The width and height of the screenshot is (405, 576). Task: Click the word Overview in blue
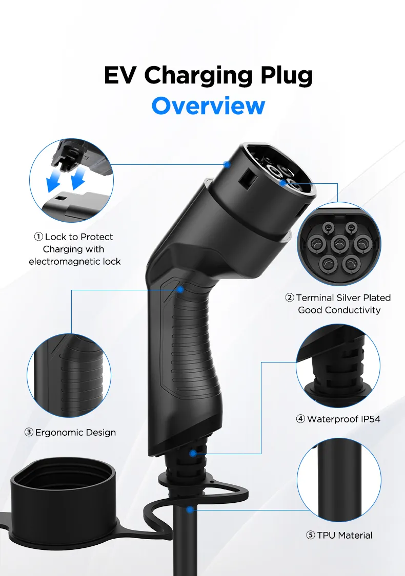pyautogui.click(x=208, y=105)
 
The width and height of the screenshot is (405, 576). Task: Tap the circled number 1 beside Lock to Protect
pyautogui.click(x=38, y=237)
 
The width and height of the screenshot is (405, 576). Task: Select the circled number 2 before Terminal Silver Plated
pyautogui.click(x=290, y=298)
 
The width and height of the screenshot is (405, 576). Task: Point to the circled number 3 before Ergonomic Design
pyautogui.click(x=29, y=433)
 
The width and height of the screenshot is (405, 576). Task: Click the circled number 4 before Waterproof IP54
pyautogui.click(x=301, y=419)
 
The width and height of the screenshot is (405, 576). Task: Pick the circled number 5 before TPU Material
pyautogui.click(x=311, y=536)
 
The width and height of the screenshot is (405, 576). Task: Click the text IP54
pyautogui.click(x=369, y=419)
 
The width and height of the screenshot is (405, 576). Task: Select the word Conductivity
pyautogui.click(x=353, y=310)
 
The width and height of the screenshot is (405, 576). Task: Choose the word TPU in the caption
pyautogui.click(x=326, y=536)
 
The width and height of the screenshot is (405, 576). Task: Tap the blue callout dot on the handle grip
pyautogui.click(x=180, y=289)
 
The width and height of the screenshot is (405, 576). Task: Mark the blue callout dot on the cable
pyautogui.click(x=190, y=510)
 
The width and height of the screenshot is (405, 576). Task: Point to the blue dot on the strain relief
pyautogui.click(x=192, y=453)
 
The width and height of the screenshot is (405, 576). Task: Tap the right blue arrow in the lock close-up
pyautogui.click(x=79, y=179)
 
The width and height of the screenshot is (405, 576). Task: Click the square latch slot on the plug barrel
pyautogui.click(x=248, y=177)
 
